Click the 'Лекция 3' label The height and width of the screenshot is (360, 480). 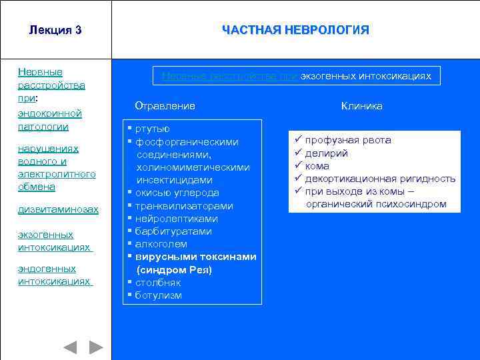tap(55, 31)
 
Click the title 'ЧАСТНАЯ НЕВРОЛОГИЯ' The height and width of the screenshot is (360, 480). tap(295, 31)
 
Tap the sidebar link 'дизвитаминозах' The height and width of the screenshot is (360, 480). tap(58, 210)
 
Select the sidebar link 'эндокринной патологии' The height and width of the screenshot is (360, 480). tap(49, 120)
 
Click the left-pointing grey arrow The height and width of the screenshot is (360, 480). tap(70, 347)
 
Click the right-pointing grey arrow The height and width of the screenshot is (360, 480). tap(96, 347)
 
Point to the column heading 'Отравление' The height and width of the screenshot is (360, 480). tap(165, 106)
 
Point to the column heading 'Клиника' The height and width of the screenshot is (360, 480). tap(362, 106)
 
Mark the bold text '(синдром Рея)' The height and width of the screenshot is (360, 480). tap(174, 270)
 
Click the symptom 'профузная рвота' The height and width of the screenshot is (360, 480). tap(348, 141)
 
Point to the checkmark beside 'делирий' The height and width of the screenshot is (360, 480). tap(297, 153)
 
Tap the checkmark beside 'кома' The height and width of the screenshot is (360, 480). tap(297, 166)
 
